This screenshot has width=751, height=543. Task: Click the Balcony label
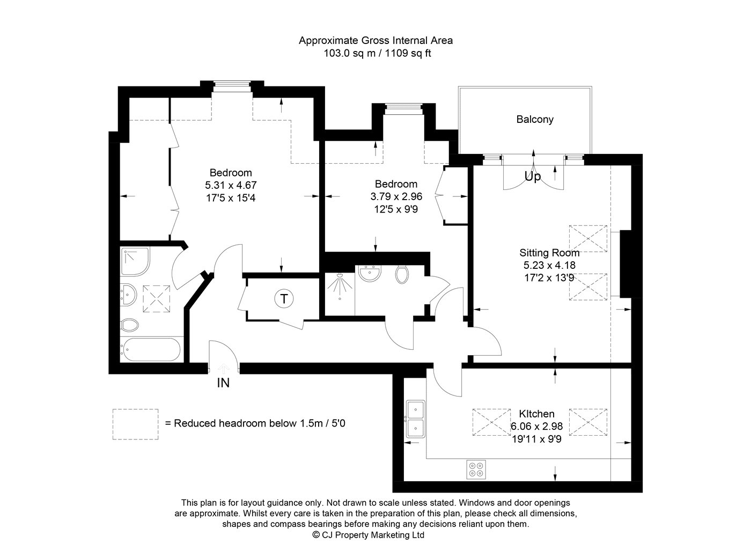[535, 120]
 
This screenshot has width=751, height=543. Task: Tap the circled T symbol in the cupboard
[284, 298]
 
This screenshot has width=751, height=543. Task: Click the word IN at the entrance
[223, 383]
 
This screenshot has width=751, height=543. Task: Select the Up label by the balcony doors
[532, 177]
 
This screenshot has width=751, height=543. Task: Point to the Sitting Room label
[549, 253]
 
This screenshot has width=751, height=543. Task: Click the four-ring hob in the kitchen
[476, 469]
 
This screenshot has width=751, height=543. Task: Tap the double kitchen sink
[416, 419]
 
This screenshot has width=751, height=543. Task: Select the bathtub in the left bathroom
[151, 349]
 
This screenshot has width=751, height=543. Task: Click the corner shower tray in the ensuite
[135, 262]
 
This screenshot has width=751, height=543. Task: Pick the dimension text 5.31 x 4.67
[231, 185]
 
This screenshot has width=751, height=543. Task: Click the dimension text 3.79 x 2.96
[396, 196]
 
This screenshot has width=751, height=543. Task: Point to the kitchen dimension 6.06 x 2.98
[536, 426]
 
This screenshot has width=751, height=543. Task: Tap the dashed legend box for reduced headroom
[135, 424]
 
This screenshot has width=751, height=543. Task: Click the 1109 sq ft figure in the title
[408, 53]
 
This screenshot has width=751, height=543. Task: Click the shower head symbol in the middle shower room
[340, 286]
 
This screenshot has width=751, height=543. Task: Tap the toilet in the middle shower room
[402, 274]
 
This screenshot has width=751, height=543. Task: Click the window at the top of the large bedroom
[232, 86]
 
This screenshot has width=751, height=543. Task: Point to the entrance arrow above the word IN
[224, 369]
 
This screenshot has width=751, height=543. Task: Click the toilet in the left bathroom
[130, 325]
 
